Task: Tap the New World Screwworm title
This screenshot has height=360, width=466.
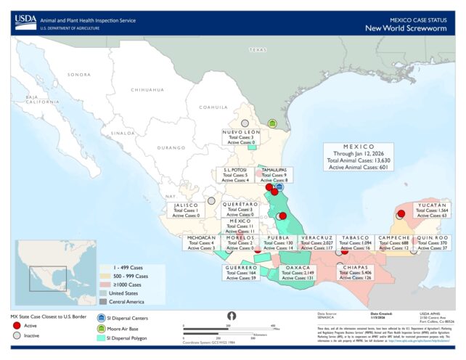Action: pyautogui.click(x=410, y=28)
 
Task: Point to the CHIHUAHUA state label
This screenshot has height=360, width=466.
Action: pyautogui.click(x=144, y=89)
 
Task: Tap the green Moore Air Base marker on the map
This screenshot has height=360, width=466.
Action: pyautogui.click(x=273, y=124)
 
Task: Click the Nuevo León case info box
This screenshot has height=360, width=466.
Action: pyautogui.click(x=241, y=137)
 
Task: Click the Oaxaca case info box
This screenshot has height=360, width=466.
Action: pyautogui.click(x=298, y=272)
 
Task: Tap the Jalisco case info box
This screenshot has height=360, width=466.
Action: pyautogui.click(x=183, y=210)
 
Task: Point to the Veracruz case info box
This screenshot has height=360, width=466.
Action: pyautogui.click(x=317, y=242)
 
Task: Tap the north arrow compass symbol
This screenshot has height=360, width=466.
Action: pyautogui.click(x=232, y=316)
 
